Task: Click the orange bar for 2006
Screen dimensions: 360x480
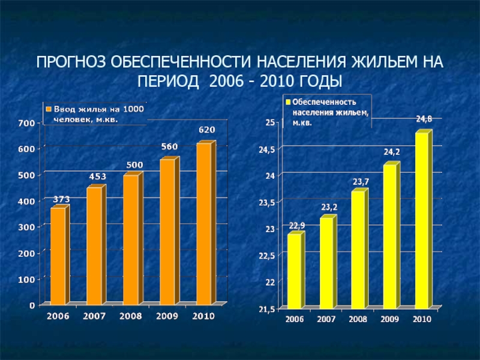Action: [58, 256]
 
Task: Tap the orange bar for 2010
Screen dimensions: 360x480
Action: [204, 223]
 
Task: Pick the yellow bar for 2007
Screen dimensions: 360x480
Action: [327, 262]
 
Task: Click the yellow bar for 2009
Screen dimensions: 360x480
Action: [390, 235]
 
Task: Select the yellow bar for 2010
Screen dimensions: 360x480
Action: [422, 220]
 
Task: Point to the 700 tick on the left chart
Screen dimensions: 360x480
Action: [26, 123]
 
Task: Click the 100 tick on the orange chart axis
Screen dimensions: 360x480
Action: [26, 279]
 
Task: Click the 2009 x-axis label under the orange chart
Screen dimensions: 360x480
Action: [167, 316]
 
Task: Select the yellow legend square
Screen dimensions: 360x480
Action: [288, 103]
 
